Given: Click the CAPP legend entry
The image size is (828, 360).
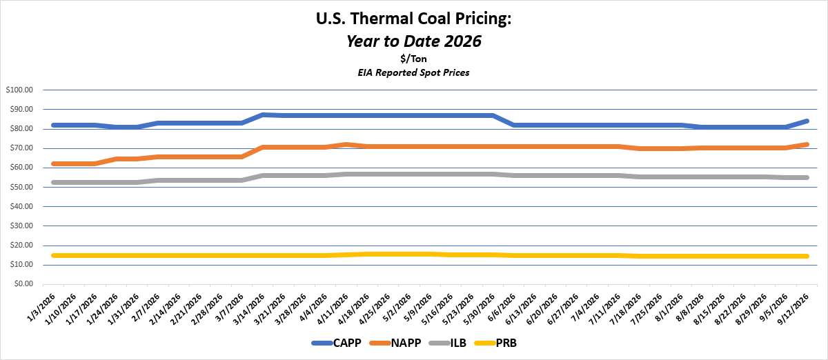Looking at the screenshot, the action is [x=337, y=343].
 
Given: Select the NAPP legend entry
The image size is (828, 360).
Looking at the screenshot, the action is [x=395, y=343].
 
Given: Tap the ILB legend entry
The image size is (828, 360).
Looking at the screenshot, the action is [x=448, y=343].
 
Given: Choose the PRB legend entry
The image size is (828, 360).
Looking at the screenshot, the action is [x=495, y=343].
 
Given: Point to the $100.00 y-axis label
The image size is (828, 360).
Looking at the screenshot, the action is [x=19, y=90].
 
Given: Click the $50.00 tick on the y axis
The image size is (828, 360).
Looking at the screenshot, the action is [x=21, y=187].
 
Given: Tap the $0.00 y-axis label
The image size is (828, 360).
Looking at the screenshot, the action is [x=23, y=284].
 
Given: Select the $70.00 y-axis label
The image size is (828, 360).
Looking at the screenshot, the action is [x=21, y=148].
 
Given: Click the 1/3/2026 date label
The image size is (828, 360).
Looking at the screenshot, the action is [x=41, y=307].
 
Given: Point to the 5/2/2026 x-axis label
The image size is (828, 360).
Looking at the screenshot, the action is [x=397, y=307].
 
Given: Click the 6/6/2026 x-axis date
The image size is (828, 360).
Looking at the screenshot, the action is [x=501, y=307].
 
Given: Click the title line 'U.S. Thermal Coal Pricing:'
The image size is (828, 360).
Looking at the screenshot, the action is [x=413, y=19].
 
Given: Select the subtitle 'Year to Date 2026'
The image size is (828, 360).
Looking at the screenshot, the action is [x=413, y=41].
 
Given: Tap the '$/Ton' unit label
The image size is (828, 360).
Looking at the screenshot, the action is [x=413, y=59].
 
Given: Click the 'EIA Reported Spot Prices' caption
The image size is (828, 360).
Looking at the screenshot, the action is [x=413, y=72].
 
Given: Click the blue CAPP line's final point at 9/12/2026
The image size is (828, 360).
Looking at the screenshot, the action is [x=807, y=121].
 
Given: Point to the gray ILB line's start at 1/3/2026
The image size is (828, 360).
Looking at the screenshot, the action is [x=54, y=183].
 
